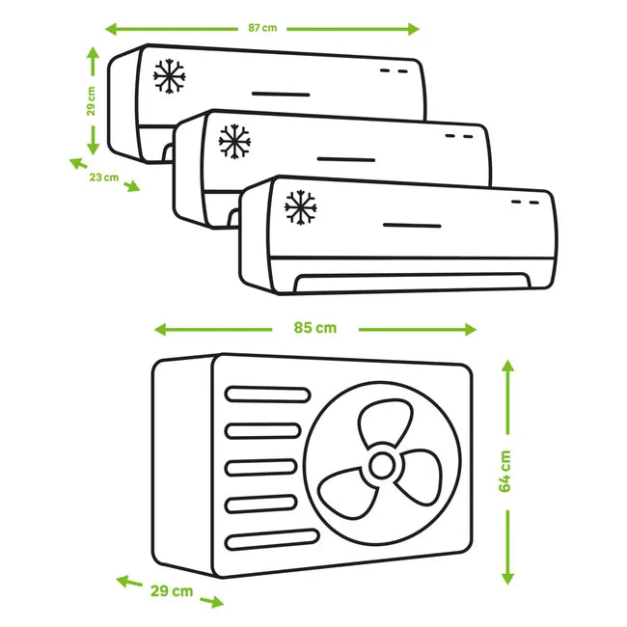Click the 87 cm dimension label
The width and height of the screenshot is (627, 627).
(262, 28)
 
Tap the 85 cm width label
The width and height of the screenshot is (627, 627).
(315, 328)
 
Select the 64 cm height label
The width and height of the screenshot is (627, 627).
(505, 472)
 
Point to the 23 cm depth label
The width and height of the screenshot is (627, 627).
(104, 177)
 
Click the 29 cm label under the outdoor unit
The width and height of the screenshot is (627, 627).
(172, 590)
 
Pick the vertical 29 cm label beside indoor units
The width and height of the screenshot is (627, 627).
(92, 101)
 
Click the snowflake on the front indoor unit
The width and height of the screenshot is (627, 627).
(300, 207)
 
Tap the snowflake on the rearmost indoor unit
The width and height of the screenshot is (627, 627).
(169, 76)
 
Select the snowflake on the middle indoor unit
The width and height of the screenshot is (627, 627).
(234, 141)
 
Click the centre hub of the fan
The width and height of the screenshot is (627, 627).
(382, 466)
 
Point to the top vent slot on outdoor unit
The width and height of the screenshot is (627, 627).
(267, 395)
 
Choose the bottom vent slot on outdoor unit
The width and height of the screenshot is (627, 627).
(272, 539)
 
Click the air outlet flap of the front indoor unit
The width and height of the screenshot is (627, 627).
(412, 282)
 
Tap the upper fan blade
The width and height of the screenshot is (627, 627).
(385, 423)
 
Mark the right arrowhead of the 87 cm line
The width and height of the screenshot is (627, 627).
(414, 29)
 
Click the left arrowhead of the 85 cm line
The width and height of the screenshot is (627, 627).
(160, 330)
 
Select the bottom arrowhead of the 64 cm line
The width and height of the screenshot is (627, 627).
(507, 579)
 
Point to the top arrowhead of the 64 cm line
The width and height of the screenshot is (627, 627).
(507, 366)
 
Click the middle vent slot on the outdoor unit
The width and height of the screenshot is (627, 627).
(260, 468)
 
